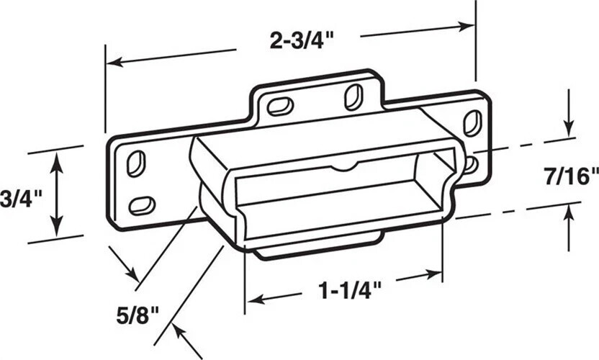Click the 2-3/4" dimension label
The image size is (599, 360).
(297, 41)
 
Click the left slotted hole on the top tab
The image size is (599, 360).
(279, 106)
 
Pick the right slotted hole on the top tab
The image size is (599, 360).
(353, 96)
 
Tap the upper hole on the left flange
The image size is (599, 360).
(135, 163)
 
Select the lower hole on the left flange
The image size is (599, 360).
(142, 205)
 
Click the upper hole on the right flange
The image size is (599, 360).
(472, 122)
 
